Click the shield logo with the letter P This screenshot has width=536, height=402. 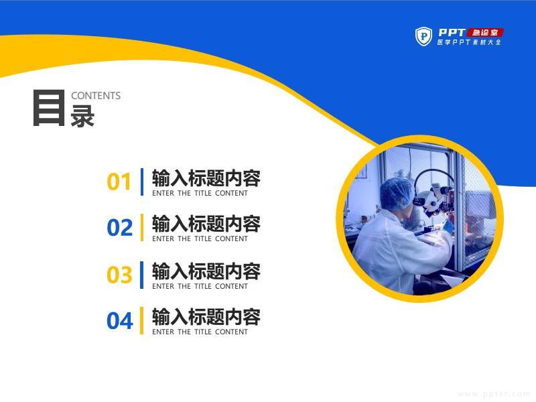click(423, 36)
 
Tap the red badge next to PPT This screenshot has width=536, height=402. click(485, 32)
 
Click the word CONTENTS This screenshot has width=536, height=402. click(96, 96)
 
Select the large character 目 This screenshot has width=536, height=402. click(49, 108)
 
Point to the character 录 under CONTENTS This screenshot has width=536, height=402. click(82, 116)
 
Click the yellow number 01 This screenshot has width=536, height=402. click(119, 182)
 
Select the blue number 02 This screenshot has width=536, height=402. click(120, 227)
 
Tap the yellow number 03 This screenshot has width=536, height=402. click(119, 275)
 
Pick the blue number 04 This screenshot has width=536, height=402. click(120, 321)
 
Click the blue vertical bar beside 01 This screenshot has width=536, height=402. click(142, 182)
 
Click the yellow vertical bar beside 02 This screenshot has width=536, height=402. click(142, 227)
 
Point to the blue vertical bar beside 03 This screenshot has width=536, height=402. click(142, 275)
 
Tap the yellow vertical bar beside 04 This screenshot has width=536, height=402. click(142, 321)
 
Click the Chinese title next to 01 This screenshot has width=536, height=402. click(206, 178)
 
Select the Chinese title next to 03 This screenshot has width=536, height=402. click(206, 271)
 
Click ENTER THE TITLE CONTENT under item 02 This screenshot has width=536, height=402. click(200, 239)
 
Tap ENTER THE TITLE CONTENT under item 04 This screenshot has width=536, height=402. click(200, 332)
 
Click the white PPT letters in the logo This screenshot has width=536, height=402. click(452, 32)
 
